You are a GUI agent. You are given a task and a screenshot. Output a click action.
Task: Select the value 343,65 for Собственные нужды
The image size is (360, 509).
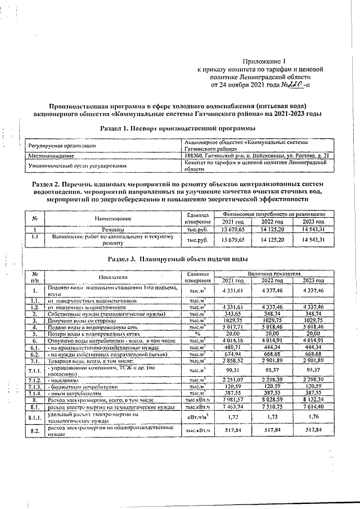(x=232, y=313)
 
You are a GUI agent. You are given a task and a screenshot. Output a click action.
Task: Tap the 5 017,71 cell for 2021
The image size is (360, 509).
(x=232, y=326)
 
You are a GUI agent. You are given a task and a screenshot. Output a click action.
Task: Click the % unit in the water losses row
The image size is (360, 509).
(x=197, y=333)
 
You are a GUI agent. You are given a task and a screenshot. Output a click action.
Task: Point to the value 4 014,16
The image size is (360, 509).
(x=232, y=340)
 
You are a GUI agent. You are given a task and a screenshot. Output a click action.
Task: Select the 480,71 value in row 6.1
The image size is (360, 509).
(x=232, y=347)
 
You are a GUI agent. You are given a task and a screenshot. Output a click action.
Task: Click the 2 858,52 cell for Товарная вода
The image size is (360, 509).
(x=232, y=361)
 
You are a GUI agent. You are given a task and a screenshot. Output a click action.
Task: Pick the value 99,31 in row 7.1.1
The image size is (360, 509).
(x=232, y=371)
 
